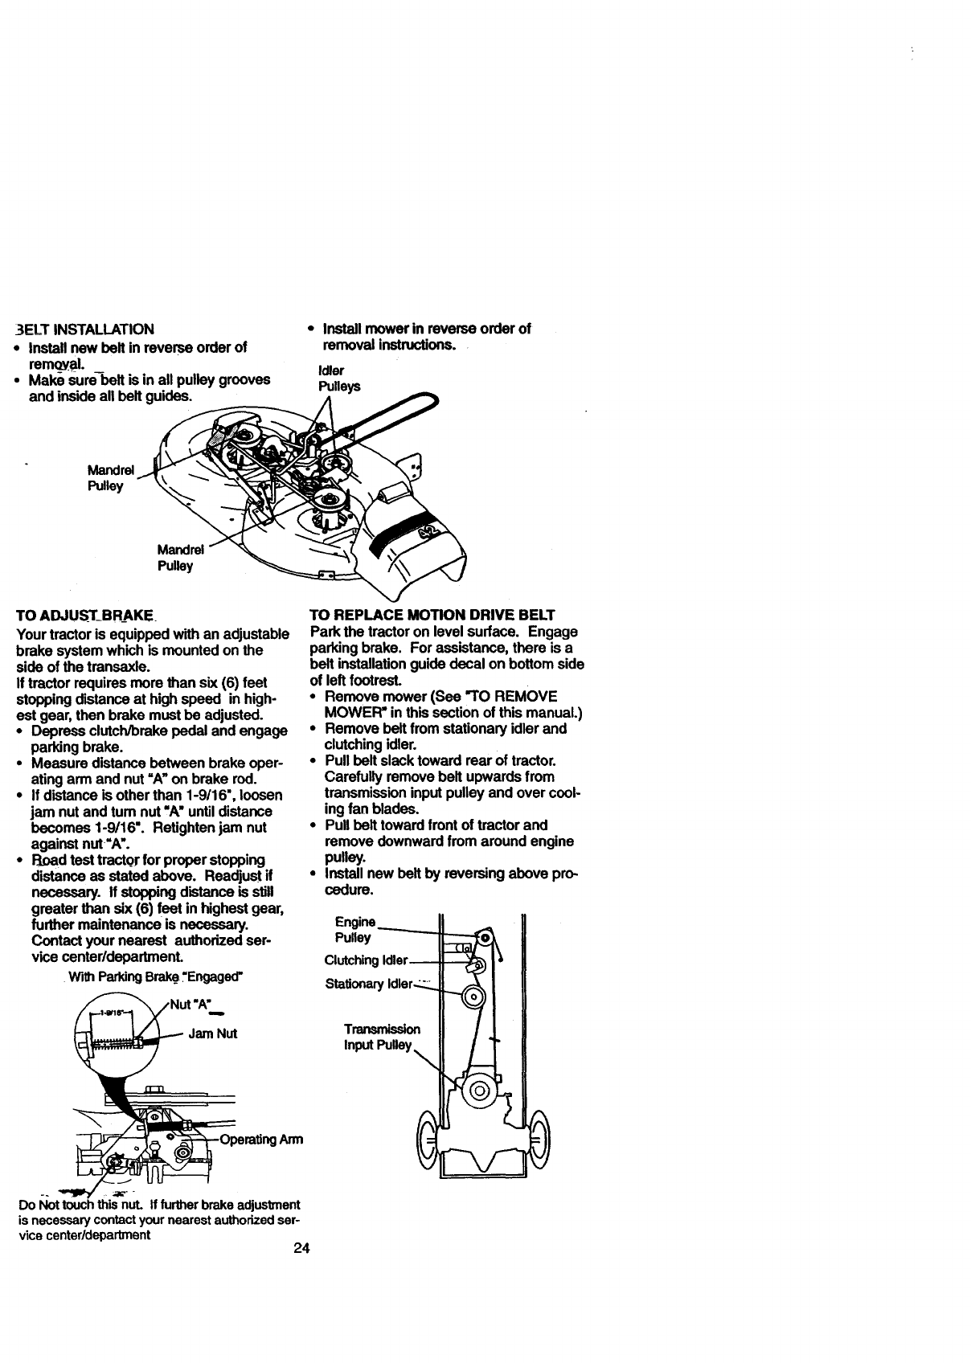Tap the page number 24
click(x=301, y=1248)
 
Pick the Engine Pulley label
click(x=354, y=930)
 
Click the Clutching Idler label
click(x=367, y=960)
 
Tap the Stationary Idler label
click(x=368, y=984)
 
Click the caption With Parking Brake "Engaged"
click(x=156, y=978)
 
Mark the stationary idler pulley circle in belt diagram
click(x=473, y=998)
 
